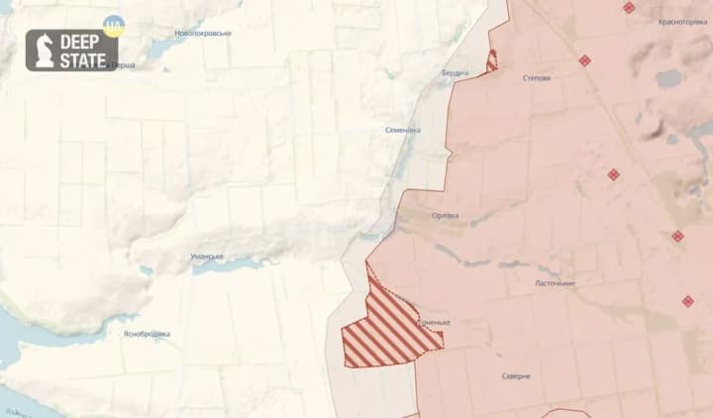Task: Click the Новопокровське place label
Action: [203, 33]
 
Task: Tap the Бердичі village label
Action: [456, 74]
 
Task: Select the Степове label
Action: [537, 77]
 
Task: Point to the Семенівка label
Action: [403, 130]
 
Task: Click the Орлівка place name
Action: [446, 216]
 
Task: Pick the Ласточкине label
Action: [555, 283]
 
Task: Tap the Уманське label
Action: [207, 257]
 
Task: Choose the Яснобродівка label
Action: [147, 334]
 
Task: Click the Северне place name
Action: [515, 376]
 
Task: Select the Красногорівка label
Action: [679, 22]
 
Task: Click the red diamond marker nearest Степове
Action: [585, 60]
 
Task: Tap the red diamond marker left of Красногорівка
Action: [629, 7]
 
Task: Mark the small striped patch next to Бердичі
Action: [491, 60]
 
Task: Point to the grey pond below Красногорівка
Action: [668, 77]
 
